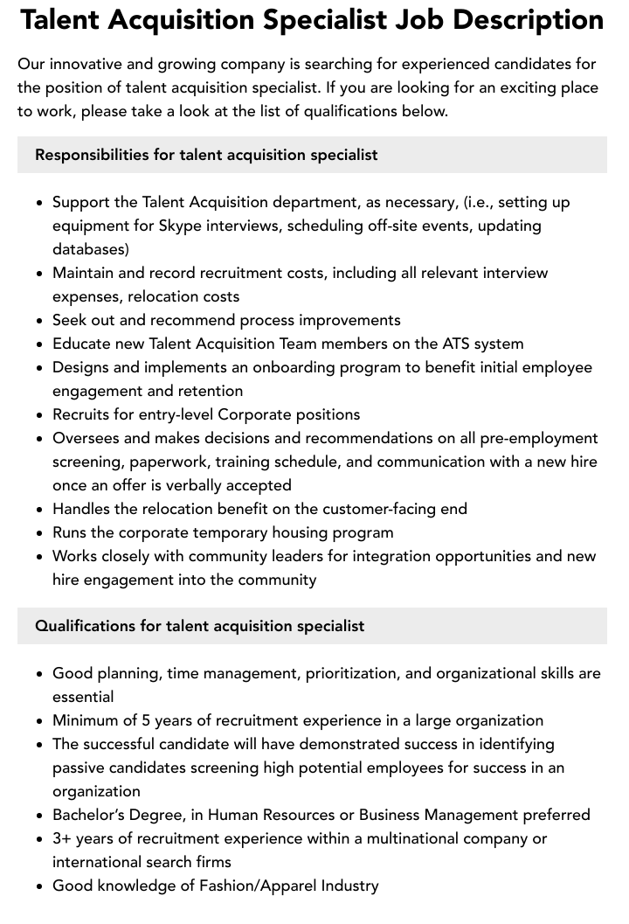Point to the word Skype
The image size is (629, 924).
179,226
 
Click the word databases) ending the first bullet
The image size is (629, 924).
91,249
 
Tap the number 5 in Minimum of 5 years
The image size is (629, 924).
147,720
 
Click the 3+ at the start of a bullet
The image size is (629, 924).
62,838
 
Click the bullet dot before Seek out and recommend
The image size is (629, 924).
40,321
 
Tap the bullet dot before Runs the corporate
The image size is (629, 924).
40,533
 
